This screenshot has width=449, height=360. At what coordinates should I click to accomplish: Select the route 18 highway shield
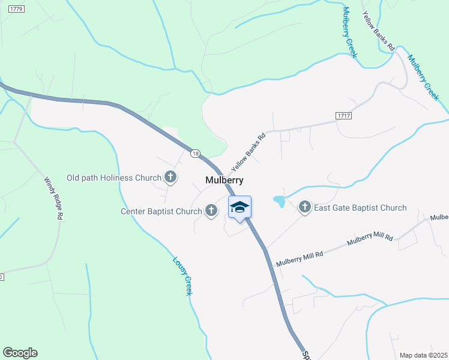tap(195, 154)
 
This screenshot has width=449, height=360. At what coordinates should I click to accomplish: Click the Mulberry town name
tap(224, 180)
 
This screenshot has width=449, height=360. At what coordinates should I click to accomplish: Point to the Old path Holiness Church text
tap(114, 178)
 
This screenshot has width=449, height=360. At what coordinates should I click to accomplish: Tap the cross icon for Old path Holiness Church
tap(171, 177)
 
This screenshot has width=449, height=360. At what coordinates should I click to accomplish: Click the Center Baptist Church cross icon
tap(211, 211)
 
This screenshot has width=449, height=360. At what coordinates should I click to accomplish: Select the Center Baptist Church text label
tap(161, 211)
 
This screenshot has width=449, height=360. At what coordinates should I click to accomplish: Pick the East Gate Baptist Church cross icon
tap(304, 208)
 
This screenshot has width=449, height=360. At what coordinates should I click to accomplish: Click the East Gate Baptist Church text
tap(361, 208)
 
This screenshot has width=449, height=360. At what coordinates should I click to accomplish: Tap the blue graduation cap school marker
tap(240, 208)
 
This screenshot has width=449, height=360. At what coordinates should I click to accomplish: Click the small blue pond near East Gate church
tap(279, 201)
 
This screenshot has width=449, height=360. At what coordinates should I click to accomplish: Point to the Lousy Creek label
tap(181, 275)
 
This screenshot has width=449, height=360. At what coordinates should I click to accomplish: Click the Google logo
tap(20, 353)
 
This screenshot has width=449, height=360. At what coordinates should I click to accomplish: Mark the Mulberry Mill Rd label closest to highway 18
tap(300, 258)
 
